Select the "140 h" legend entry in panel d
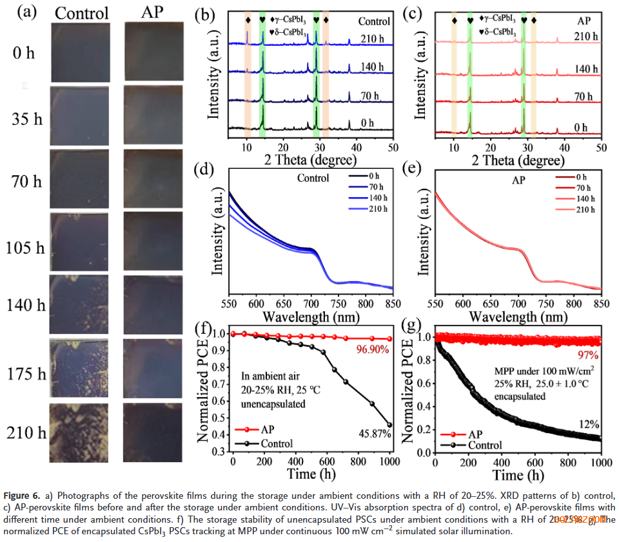pyautogui.click(x=377, y=198)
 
